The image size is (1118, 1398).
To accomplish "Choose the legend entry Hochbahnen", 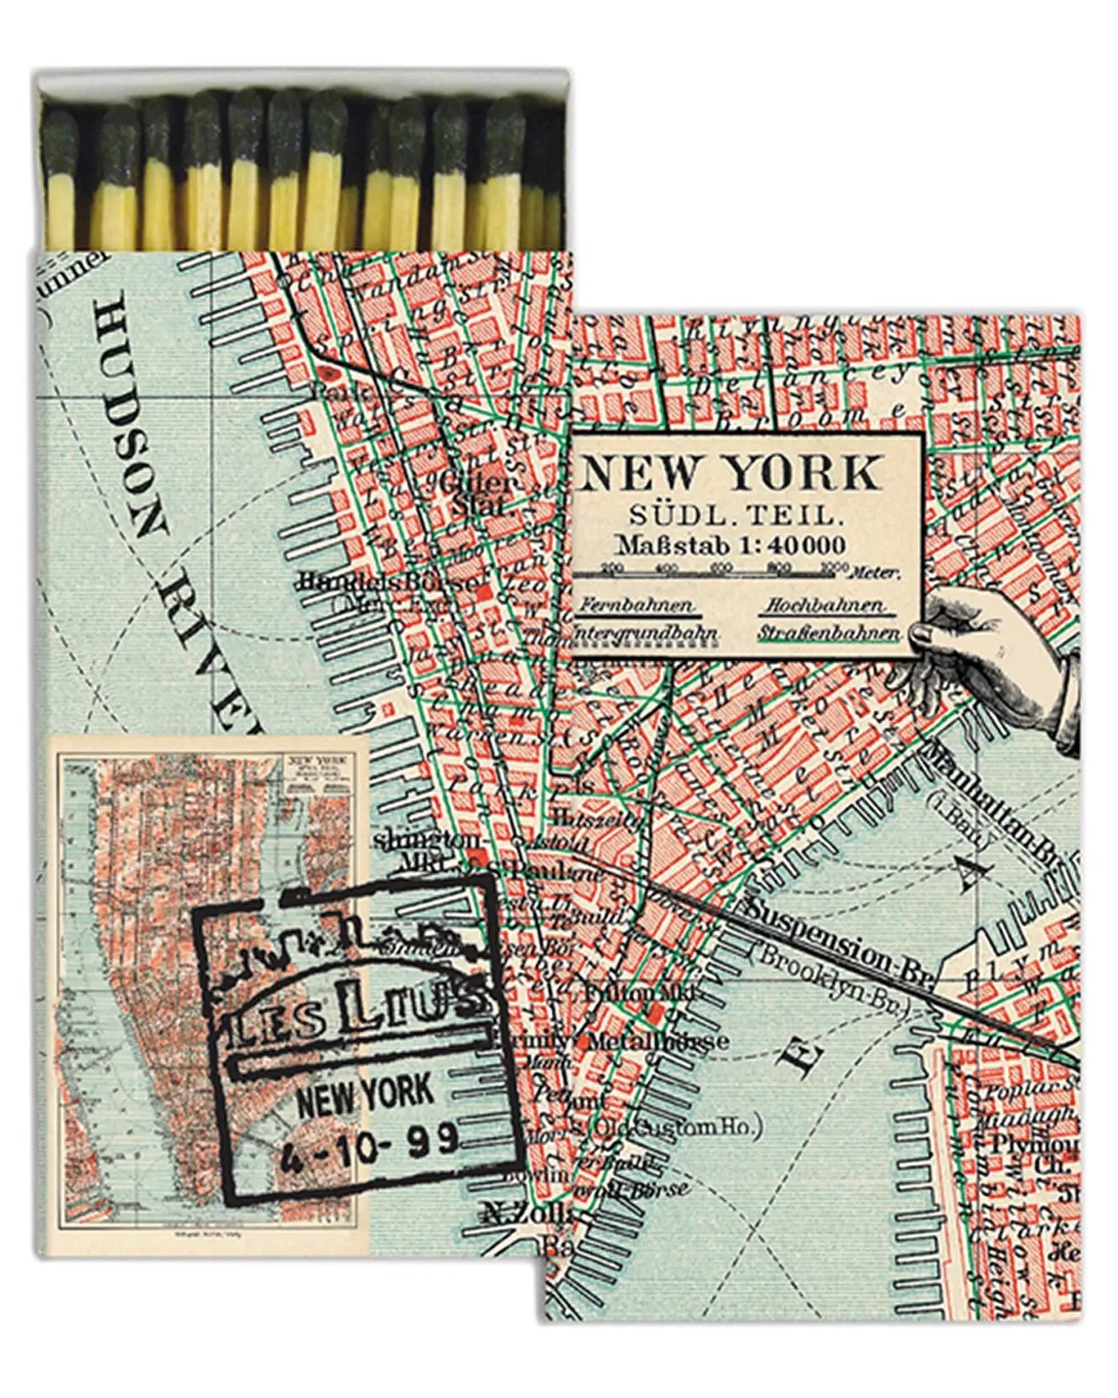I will click(x=827, y=605).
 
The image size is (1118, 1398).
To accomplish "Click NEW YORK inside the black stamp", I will click(x=366, y=1095).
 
